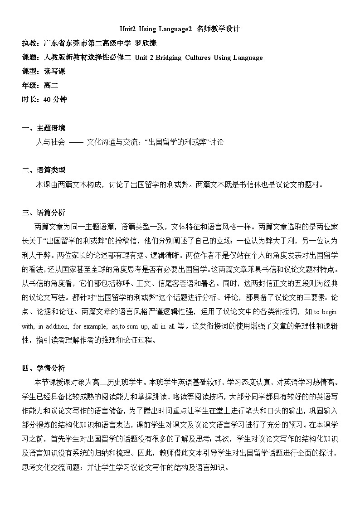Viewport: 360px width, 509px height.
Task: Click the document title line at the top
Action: (180, 29)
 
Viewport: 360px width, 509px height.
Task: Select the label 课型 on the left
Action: (30, 71)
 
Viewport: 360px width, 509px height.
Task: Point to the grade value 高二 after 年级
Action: (51, 85)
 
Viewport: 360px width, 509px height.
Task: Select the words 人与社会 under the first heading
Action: (50, 142)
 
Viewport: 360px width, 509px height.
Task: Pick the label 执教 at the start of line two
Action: (30, 43)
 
